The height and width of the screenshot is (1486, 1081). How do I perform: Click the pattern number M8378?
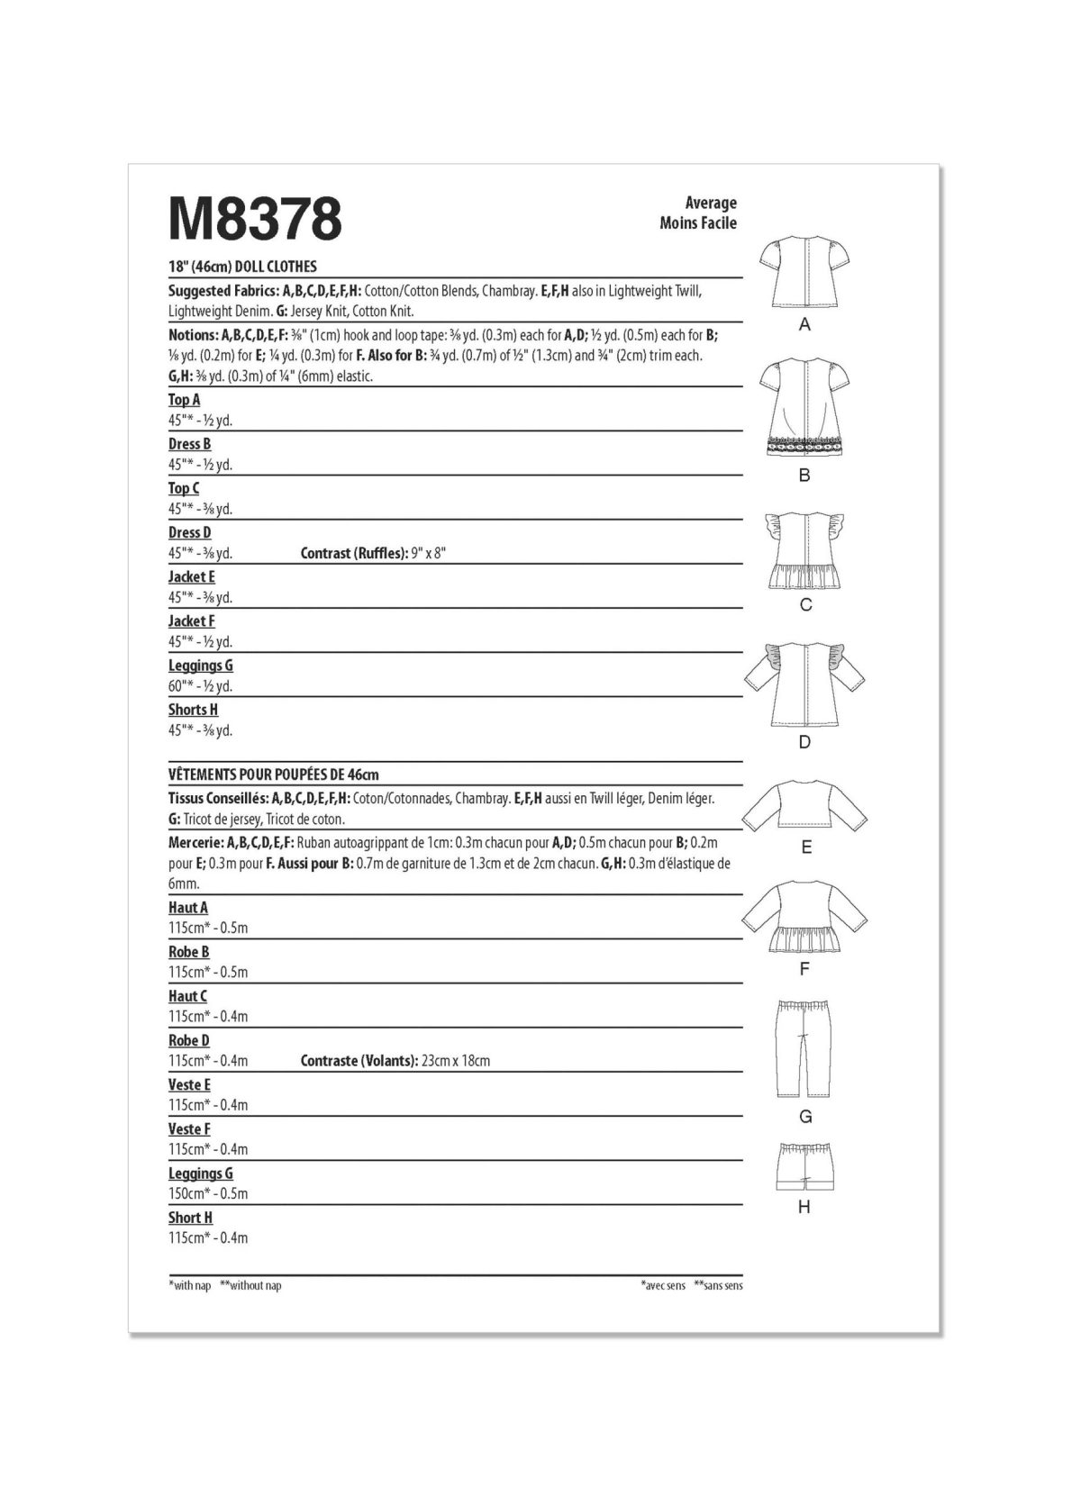click(x=255, y=219)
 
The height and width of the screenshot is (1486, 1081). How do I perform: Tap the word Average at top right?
click(x=711, y=203)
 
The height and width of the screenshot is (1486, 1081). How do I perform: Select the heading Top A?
click(x=184, y=399)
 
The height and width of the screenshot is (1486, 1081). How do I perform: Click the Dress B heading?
click(x=189, y=443)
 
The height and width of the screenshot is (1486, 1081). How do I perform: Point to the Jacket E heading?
click(x=191, y=576)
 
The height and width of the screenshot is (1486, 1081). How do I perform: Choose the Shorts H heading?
click(x=193, y=710)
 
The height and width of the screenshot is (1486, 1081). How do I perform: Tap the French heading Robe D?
click(x=189, y=1040)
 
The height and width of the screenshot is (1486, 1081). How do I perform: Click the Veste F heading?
click(x=189, y=1128)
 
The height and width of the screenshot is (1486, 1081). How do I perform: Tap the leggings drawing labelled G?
click(x=804, y=1046)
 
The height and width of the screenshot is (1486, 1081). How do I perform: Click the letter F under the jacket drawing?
click(x=804, y=969)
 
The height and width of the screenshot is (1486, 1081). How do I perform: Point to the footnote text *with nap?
click(x=190, y=1285)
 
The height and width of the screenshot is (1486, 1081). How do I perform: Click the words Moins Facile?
click(x=697, y=222)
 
